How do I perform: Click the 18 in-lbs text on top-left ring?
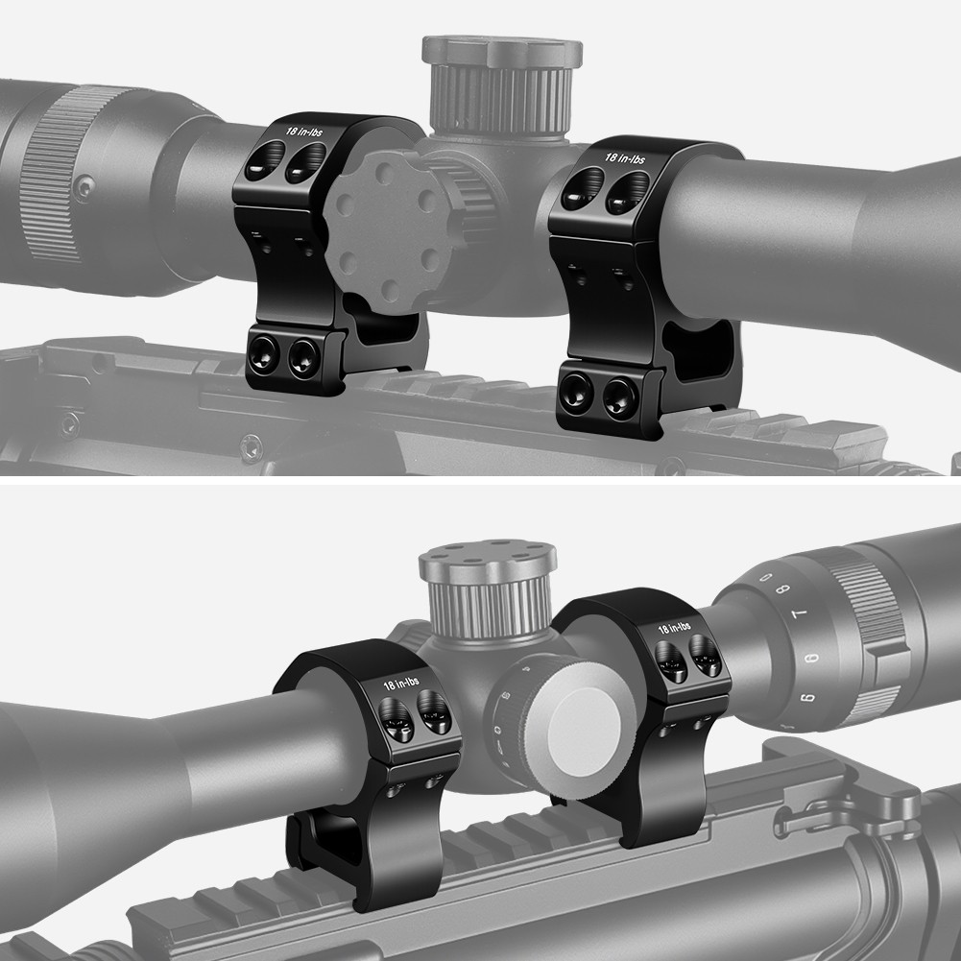[x=304, y=132]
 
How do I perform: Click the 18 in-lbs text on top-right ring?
[x=625, y=158]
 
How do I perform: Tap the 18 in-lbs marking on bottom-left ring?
[x=401, y=684]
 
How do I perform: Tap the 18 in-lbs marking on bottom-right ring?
[x=674, y=628]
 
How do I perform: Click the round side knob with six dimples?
[x=387, y=233]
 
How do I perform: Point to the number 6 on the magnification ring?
[x=810, y=659]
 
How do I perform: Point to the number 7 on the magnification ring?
[x=799, y=614]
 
